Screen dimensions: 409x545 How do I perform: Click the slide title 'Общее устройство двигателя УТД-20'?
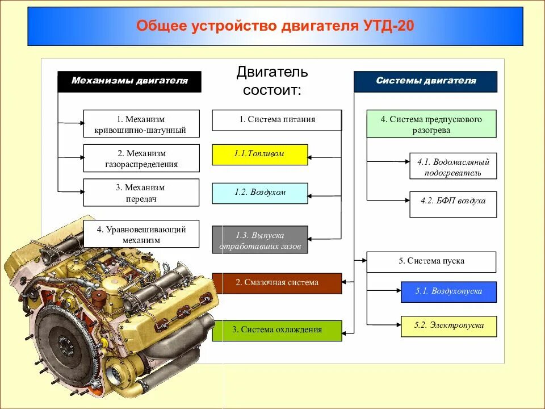click(x=275, y=27)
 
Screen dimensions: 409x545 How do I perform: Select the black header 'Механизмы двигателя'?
click(x=129, y=81)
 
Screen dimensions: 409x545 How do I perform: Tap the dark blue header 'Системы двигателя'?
click(x=425, y=81)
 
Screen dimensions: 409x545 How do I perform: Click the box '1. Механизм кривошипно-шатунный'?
click(x=141, y=124)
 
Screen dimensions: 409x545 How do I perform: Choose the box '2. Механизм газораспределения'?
click(x=141, y=158)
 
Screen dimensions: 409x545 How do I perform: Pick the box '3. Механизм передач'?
click(x=141, y=193)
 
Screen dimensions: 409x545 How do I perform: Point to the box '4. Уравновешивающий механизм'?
click(x=141, y=234)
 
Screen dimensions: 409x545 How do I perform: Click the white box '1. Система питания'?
click(x=276, y=120)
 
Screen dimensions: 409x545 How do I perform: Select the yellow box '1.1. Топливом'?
click(x=259, y=155)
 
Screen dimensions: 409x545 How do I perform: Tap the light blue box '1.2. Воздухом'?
click(x=259, y=193)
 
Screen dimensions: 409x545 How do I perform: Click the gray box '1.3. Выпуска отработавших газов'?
click(x=259, y=240)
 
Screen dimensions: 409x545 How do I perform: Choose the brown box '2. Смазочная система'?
click(x=276, y=283)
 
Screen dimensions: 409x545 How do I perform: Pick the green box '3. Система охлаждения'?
click(x=276, y=330)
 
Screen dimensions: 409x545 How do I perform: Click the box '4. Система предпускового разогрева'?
click(x=431, y=124)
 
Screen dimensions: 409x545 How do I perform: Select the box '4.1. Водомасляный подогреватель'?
click(x=452, y=166)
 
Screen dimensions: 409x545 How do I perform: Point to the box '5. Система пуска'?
click(x=431, y=262)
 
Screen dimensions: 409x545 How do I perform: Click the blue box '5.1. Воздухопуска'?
click(x=448, y=292)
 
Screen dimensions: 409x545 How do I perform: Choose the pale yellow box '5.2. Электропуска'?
click(x=448, y=326)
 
